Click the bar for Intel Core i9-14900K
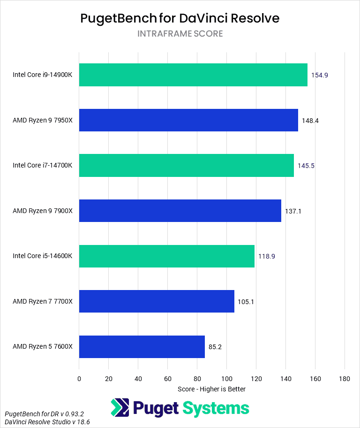193,75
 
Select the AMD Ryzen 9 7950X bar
188,120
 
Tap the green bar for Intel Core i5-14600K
166,256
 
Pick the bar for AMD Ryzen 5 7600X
142,347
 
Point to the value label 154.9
319,75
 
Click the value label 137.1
293,211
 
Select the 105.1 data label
246,302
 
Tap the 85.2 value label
215,347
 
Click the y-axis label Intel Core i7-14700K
43,166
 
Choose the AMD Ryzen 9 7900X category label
43,211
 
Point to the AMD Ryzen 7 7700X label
43,302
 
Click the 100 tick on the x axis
226,378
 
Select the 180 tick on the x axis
345,378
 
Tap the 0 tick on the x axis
79,378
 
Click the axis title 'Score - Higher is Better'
212,389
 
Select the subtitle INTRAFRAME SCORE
180,34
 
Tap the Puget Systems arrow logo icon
120,407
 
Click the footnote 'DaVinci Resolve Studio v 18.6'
47,422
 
